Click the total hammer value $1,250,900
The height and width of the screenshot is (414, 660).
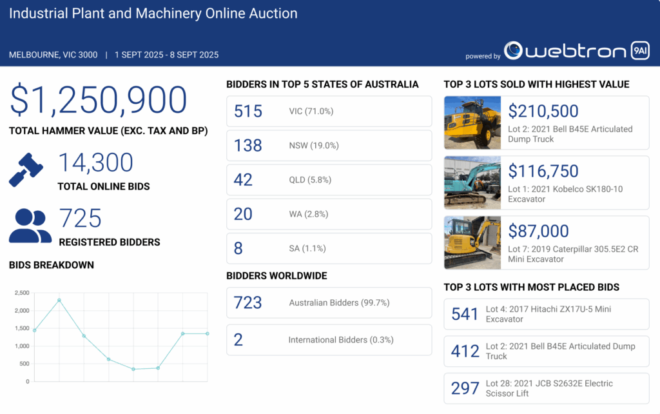point(98,101)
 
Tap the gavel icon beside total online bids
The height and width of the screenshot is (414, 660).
point(26,170)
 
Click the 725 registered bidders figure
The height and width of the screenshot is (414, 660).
point(80,219)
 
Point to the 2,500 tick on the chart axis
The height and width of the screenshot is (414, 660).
point(22,293)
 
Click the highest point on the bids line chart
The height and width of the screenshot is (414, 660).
point(59,300)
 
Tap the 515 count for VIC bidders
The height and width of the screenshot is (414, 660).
point(248,111)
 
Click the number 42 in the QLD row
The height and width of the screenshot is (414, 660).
point(243,179)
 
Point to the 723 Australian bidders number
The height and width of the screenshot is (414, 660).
point(248,302)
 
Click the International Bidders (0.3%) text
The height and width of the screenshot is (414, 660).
point(340,340)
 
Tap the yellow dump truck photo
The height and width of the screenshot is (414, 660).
point(472,123)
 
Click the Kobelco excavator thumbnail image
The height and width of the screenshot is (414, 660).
point(472,182)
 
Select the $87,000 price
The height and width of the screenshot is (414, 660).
point(538,231)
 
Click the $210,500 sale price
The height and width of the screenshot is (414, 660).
point(543,111)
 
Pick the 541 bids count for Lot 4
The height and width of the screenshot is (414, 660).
point(465,314)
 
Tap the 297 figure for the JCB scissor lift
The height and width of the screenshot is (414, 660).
point(465,388)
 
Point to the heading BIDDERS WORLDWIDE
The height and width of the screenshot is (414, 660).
point(277,276)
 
